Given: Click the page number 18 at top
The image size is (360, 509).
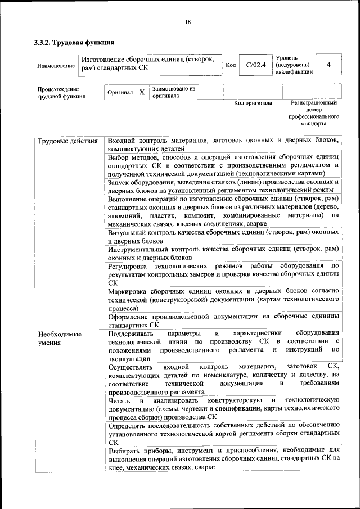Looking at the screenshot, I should tap(187, 22).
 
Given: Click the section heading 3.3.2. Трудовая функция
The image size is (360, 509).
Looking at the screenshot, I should tap(74, 42).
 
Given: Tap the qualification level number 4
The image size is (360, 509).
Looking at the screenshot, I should tap(328, 65).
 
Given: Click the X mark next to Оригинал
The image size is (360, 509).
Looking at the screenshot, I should tap(142, 92).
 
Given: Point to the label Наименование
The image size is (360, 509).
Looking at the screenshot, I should tap(56, 66).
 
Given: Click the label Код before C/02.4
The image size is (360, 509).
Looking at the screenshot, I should tap(230, 65).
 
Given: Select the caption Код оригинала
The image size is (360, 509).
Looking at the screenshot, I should tap(253, 103).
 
